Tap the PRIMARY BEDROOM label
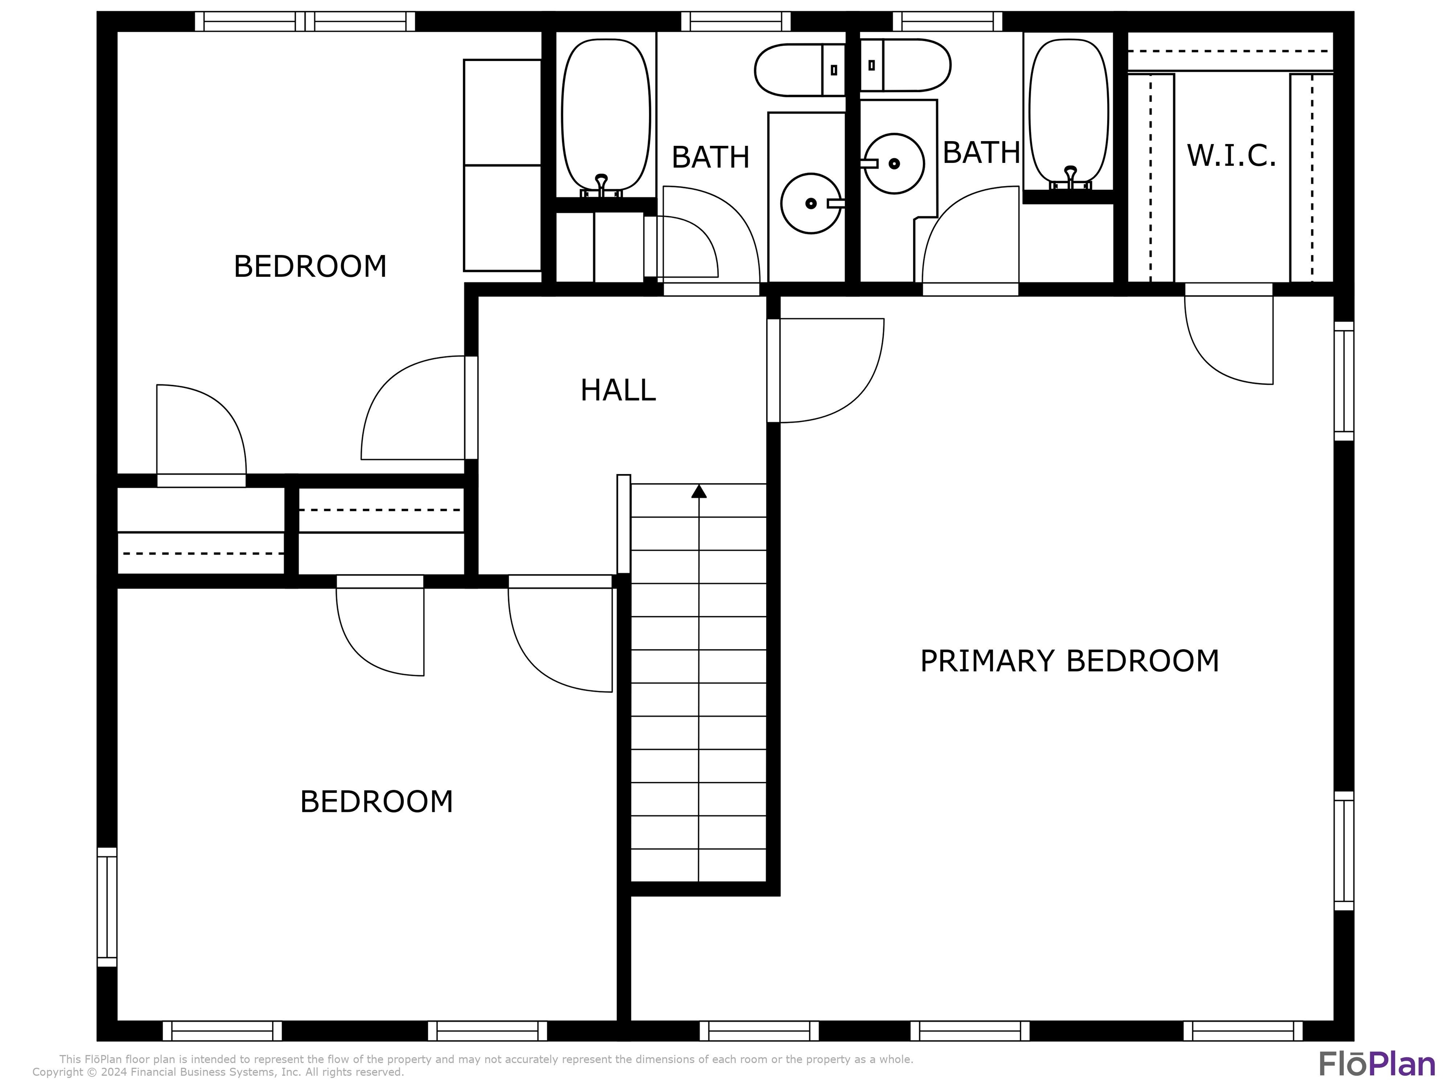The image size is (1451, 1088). [1069, 661]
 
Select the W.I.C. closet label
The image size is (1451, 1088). [1231, 156]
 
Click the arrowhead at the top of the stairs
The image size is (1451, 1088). [699, 491]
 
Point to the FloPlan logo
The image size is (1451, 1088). [1377, 1064]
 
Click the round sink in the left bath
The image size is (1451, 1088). [811, 204]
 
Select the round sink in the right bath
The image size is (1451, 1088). [894, 163]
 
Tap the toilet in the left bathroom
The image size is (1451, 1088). [800, 69]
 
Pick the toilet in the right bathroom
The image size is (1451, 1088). [905, 65]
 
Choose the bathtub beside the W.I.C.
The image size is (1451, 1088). [1069, 114]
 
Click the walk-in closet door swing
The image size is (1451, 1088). [1229, 340]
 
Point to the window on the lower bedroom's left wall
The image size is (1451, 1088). [107, 907]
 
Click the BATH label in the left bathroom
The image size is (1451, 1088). [710, 157]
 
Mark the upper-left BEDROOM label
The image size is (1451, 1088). [310, 266]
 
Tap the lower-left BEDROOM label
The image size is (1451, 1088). [376, 801]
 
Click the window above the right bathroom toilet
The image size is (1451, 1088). [947, 22]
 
